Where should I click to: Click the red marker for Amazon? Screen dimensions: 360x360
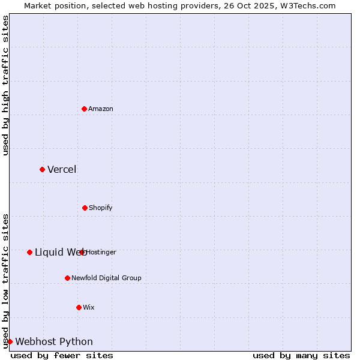tap(85, 109)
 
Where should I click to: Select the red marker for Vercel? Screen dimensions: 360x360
tap(42, 169)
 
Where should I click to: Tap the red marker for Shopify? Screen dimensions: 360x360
tap(85, 208)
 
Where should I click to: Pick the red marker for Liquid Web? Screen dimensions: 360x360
tap(29, 252)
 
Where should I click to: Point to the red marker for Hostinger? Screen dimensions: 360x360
tap(82, 252)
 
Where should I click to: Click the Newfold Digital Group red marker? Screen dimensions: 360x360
tap(67, 278)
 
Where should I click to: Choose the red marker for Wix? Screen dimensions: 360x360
tap(79, 307)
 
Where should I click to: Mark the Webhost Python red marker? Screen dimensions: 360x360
tap(10, 341)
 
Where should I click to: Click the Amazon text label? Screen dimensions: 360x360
tap(101, 109)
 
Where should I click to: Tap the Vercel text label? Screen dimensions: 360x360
tap(62, 169)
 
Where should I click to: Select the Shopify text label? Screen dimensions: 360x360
tap(101, 208)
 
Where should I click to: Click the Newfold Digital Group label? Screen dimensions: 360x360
tap(106, 278)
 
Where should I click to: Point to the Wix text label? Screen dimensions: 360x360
tap(89, 307)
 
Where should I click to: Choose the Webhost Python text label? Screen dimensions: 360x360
tap(54, 341)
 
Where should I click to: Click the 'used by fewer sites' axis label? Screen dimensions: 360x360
tap(62, 355)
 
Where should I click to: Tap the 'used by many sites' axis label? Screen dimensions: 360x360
tap(301, 355)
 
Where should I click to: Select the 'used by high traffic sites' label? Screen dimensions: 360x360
tap(5, 85)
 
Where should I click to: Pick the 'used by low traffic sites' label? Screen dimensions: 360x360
tap(5, 281)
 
